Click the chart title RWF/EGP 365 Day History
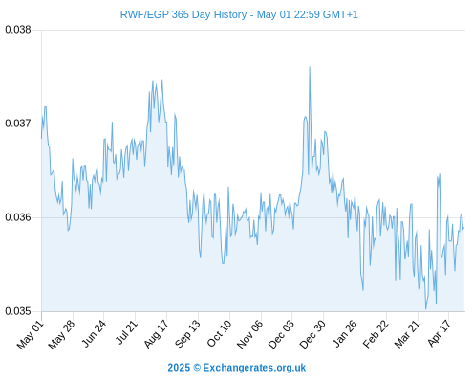pos(183,14)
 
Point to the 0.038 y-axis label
pos(18,30)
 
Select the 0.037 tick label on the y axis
pos(18,124)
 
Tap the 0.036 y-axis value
pos(18,217)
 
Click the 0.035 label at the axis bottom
pos(18,311)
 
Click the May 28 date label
pos(61,334)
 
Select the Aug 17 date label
pos(156,334)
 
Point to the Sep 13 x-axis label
pos(187,334)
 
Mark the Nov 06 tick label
pos(250,334)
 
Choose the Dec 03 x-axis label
pos(281,334)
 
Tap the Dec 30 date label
pos(312,334)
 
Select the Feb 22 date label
pos(376,334)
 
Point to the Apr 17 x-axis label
pos(439,333)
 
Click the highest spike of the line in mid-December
pos(310,67)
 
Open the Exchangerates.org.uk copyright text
pos(237,368)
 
